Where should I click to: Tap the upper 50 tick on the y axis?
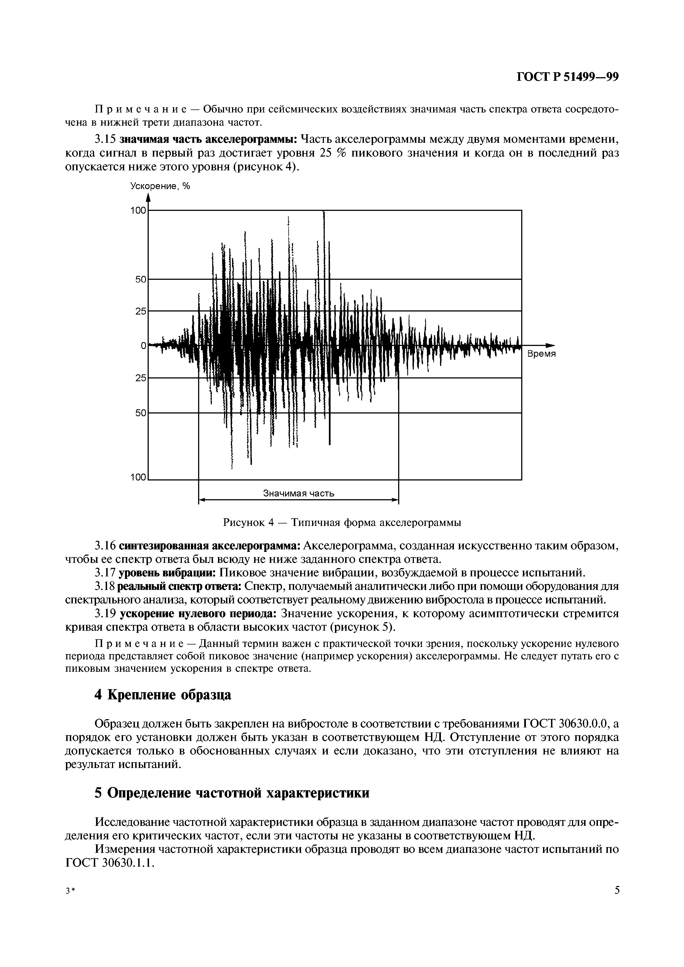[x=140, y=279]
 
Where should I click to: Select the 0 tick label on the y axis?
[x=143, y=345]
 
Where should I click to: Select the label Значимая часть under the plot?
[x=298, y=493]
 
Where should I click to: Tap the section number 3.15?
[x=105, y=139]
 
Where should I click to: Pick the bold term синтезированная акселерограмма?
[x=209, y=546]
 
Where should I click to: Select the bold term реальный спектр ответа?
[x=180, y=587]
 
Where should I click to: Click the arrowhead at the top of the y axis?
[x=148, y=198]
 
